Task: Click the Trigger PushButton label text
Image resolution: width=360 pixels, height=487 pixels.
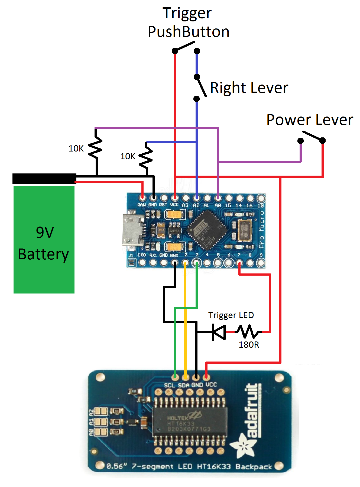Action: [x=188, y=22]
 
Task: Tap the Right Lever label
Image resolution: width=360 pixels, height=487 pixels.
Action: [x=249, y=88]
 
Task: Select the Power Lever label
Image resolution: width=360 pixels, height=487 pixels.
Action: [x=310, y=120]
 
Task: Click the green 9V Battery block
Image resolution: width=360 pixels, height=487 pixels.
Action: [x=44, y=240]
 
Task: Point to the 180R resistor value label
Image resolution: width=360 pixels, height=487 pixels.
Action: [x=249, y=345]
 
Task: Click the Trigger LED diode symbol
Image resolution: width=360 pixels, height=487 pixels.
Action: [x=219, y=332]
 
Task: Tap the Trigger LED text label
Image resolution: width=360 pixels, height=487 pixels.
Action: [x=231, y=315]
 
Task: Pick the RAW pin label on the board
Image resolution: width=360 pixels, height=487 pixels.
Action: [x=141, y=205]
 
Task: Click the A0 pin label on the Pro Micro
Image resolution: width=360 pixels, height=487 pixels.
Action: [x=218, y=205]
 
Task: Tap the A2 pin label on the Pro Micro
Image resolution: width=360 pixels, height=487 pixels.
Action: [x=196, y=205]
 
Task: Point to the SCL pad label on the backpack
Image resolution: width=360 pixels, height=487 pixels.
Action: [x=170, y=385]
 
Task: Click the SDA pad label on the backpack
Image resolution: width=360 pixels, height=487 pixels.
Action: [x=184, y=385]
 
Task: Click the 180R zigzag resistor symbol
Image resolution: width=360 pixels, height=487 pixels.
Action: [x=248, y=332]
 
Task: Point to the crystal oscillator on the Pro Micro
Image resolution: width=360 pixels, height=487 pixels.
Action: [x=245, y=230]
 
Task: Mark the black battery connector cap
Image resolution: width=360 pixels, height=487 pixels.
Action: [x=44, y=179]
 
